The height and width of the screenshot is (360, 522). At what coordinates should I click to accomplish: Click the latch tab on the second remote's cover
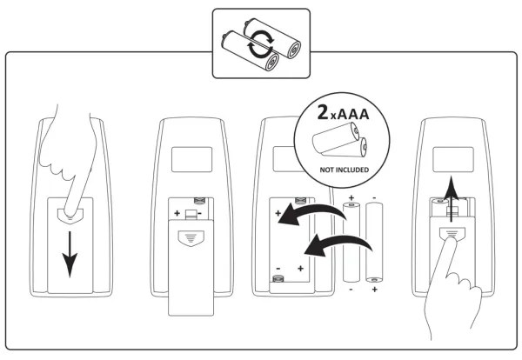coord(190,237)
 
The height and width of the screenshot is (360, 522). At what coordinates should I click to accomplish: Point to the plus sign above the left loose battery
coord(351,198)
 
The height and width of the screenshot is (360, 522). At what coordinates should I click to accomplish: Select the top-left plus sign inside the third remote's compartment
coord(278,212)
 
